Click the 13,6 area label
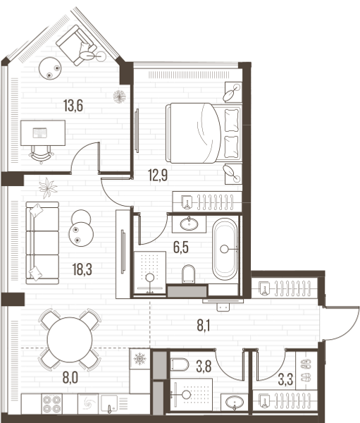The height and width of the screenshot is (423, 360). tap(73, 106)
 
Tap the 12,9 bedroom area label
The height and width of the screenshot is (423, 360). tap(158, 175)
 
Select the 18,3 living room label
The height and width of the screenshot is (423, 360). tap(82, 269)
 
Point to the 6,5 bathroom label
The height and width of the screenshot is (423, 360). tap(180, 247)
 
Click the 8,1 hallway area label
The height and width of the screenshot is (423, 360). tap(204, 325)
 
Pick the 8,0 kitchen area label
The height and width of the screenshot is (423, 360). tap(70, 378)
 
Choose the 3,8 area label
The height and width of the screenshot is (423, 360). tap(204, 367)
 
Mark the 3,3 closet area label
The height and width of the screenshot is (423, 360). tap(285, 379)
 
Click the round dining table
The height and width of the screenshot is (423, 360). tap(70, 340)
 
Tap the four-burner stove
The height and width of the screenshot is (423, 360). tap(51, 403)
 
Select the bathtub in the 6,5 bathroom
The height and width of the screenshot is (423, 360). tap(225, 250)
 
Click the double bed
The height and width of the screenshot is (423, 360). tap(204, 133)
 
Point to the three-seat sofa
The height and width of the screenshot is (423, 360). tap(42, 243)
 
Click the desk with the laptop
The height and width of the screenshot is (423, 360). tap(43, 133)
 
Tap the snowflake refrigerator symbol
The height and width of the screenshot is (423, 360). tap(139, 359)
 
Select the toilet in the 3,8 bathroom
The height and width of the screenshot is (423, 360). tap(180, 364)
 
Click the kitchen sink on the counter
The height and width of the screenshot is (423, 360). tap(109, 403)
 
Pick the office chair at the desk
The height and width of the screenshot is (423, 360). tap(41, 154)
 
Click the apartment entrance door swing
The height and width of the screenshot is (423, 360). tap(340, 323)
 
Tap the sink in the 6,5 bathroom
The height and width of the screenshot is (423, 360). tap(189, 224)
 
